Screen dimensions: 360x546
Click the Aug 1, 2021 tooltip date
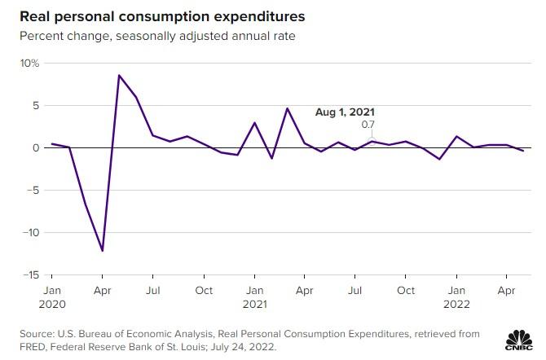(345, 113)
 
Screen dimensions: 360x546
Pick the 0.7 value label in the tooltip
(368, 125)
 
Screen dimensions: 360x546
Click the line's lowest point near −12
(102, 251)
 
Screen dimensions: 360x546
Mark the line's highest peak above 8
(119, 76)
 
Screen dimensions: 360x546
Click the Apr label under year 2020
(102, 290)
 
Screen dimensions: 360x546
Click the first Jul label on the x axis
(152, 290)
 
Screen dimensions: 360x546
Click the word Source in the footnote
(35, 333)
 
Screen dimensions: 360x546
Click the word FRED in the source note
(30, 347)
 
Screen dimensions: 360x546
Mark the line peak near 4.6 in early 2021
(288, 108)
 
